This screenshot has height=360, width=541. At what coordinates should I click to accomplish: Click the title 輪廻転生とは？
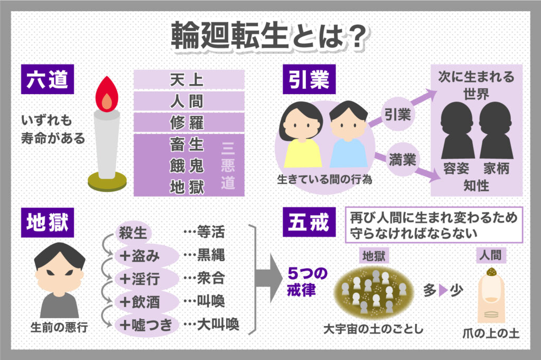(270, 36)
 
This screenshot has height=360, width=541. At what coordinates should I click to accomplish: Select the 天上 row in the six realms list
(189, 80)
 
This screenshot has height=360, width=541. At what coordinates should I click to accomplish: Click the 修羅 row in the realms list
(189, 122)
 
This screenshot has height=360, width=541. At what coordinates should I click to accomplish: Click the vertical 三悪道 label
(228, 164)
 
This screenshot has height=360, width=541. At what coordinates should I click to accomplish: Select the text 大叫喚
(218, 325)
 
